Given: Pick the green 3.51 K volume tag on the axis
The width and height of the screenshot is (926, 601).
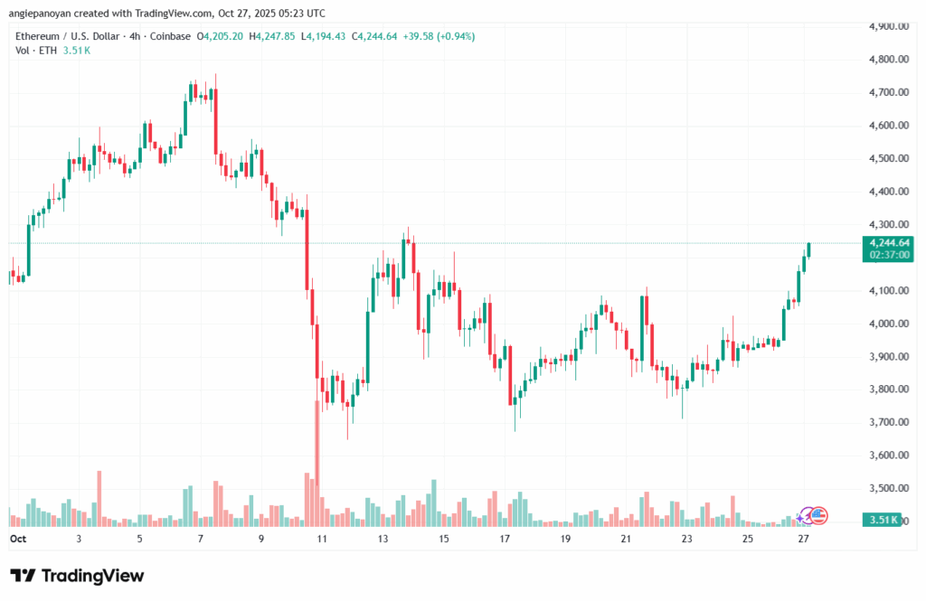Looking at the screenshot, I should (882, 520).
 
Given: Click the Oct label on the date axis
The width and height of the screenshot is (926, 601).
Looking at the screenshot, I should (18, 539).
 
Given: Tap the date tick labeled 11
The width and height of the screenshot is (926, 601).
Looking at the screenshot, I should (322, 539).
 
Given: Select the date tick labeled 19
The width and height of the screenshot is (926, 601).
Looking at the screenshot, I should (565, 539).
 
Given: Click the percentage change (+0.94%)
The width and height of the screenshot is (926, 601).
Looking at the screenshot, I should (455, 36).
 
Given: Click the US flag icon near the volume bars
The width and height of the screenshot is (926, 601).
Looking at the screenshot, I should (819, 515).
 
